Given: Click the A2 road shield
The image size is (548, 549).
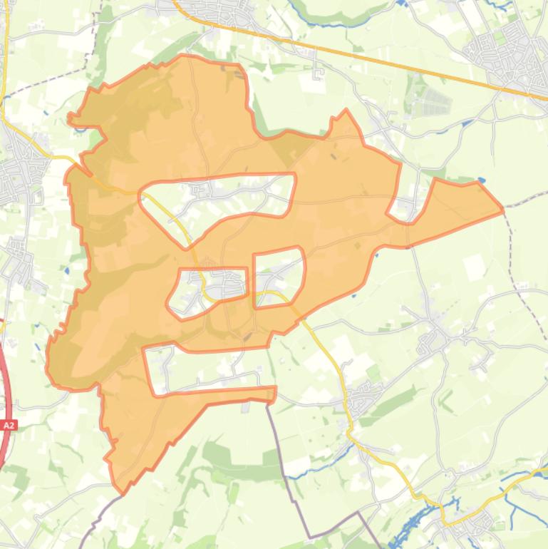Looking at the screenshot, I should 9,426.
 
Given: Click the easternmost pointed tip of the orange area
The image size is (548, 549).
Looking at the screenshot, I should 502,209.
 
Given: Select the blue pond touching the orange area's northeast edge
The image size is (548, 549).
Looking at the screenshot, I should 482,180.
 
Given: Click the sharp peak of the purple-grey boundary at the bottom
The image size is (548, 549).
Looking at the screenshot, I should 358,513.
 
